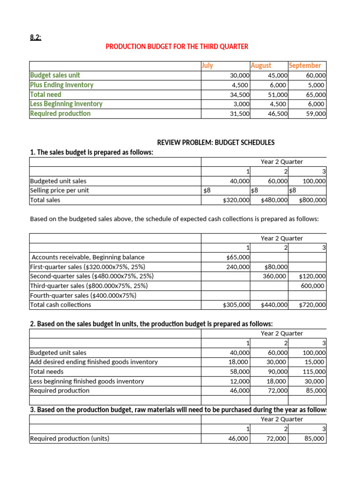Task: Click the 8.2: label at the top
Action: coord(35,37)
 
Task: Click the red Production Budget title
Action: coord(177,46)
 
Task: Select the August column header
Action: coord(261,66)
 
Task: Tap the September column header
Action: coord(305,66)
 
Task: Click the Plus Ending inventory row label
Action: coord(61,85)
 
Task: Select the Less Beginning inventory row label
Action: coord(66,104)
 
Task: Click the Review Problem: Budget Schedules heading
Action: coord(216,142)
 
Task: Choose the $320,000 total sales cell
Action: coord(236,200)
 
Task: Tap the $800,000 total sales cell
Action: coord(312,200)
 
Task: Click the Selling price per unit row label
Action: coord(59,190)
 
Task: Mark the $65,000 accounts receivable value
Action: coord(238,257)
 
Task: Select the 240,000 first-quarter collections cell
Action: coord(238,267)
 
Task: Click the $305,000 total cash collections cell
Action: coord(236,305)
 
